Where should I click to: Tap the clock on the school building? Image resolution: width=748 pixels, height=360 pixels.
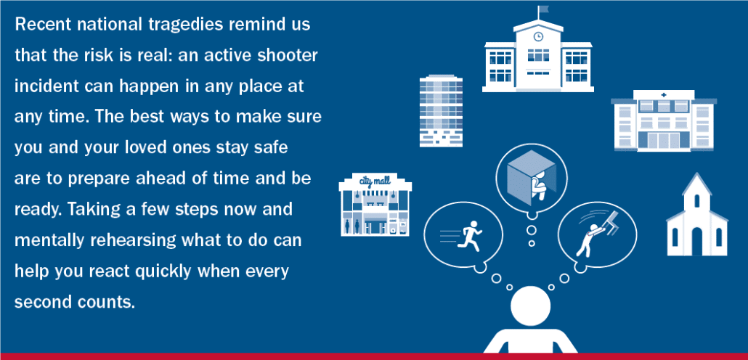pos(538,36)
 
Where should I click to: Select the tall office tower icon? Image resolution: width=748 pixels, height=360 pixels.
pos(441,110)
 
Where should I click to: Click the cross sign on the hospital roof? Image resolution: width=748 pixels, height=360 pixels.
pos(664,95)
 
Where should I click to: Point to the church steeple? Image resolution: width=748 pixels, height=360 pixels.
pos(697,191)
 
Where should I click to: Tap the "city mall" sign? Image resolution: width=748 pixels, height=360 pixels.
pos(375,181)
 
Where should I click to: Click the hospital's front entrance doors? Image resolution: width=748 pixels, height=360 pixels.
pos(664,141)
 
